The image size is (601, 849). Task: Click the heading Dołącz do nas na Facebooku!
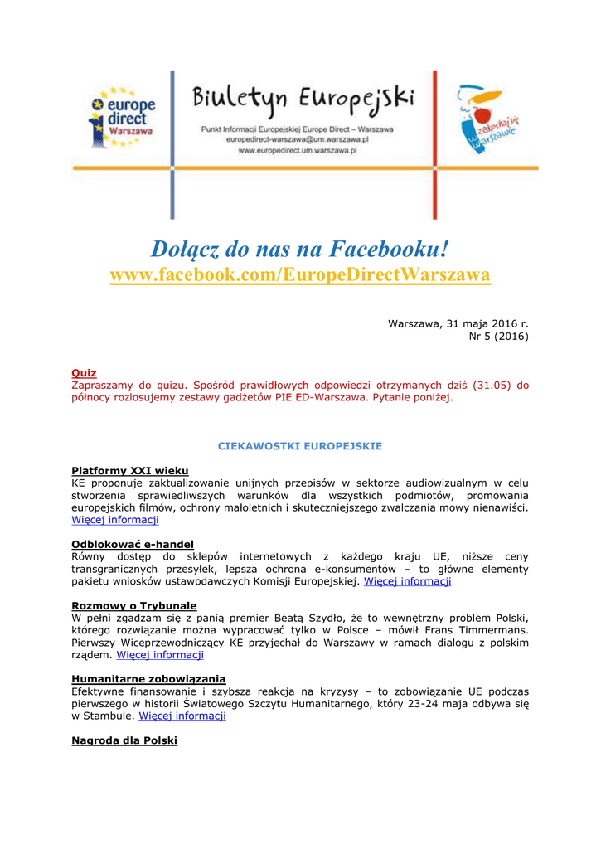(x=300, y=247)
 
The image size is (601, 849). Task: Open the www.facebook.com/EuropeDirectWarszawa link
(x=300, y=274)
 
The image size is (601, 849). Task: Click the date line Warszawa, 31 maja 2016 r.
(x=458, y=323)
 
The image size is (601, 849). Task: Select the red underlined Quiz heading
(x=84, y=373)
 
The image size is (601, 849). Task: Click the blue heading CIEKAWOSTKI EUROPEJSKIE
(x=300, y=446)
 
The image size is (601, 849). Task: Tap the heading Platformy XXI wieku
(x=129, y=470)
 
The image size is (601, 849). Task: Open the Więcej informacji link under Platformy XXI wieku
(x=115, y=520)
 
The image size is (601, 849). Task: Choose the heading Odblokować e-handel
(x=132, y=544)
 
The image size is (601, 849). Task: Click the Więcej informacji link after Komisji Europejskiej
(x=407, y=581)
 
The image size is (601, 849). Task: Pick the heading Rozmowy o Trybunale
(x=133, y=605)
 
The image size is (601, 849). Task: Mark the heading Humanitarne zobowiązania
(x=148, y=679)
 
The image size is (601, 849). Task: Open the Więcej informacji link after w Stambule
(x=182, y=716)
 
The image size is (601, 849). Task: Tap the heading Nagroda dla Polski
(x=124, y=740)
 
